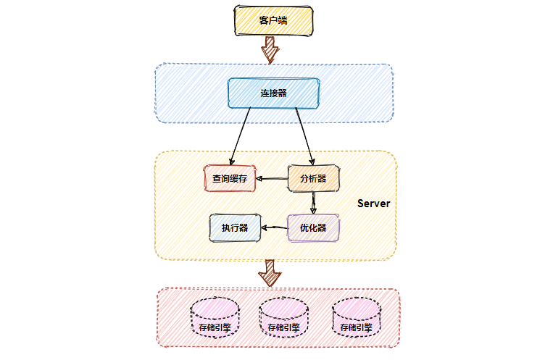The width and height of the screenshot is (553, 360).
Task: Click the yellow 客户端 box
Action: (x=273, y=20)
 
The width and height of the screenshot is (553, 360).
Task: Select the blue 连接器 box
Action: (x=273, y=93)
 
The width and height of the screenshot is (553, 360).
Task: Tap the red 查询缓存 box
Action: (x=230, y=177)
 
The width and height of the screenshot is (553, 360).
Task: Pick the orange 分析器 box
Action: (x=313, y=177)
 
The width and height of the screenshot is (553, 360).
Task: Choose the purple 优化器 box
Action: (x=313, y=227)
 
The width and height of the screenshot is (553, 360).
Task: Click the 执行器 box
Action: (x=235, y=227)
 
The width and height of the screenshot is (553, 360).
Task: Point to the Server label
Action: (x=373, y=204)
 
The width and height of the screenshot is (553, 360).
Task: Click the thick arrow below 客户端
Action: (x=270, y=49)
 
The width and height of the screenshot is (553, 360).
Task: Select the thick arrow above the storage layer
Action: (x=270, y=273)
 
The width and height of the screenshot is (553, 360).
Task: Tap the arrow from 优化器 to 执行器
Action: (x=274, y=228)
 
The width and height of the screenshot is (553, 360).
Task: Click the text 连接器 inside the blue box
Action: (x=273, y=93)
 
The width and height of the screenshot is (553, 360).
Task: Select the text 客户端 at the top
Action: (x=273, y=20)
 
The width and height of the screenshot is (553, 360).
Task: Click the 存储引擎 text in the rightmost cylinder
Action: (x=356, y=327)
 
